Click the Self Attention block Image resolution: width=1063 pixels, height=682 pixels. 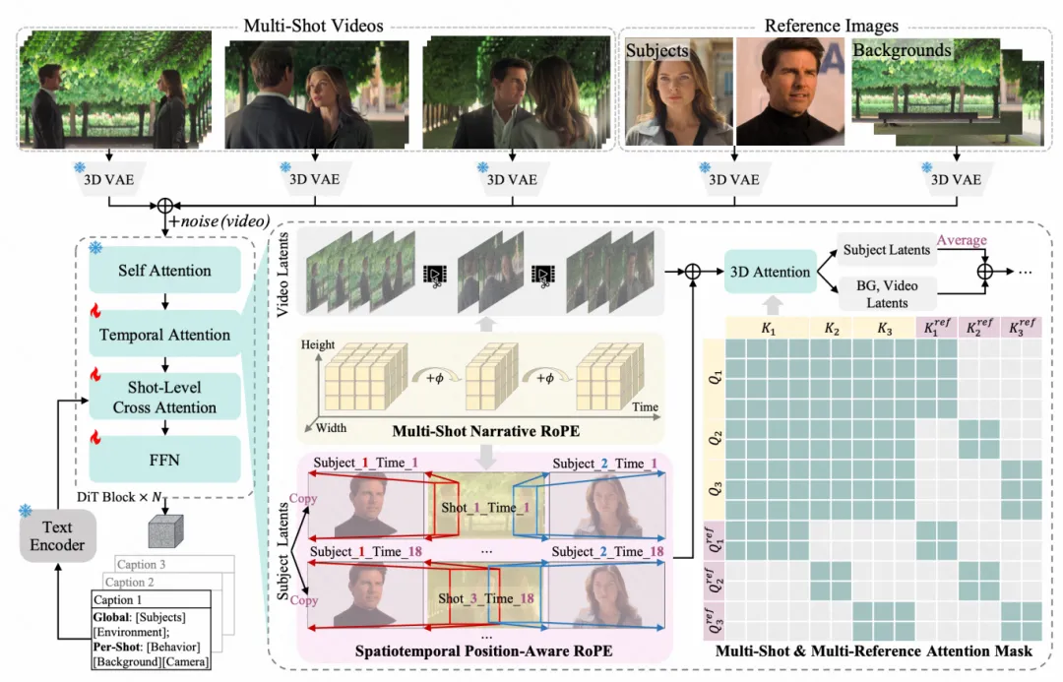point(164,271)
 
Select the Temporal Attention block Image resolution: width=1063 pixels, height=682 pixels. point(164,335)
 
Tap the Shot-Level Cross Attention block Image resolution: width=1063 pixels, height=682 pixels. point(164,398)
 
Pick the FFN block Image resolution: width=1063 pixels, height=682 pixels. point(164,460)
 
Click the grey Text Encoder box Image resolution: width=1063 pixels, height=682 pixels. point(58,536)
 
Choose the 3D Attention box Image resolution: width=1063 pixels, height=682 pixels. point(770,272)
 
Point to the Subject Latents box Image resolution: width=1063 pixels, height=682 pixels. point(887,250)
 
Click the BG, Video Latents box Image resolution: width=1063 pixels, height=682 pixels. point(887,294)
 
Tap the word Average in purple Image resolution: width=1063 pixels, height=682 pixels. point(962,240)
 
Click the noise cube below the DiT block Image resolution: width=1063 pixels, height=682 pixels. point(166,530)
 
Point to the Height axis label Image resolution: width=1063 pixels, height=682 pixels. point(318,344)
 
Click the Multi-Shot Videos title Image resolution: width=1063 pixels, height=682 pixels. point(313,26)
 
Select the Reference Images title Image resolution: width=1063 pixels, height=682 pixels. point(831,26)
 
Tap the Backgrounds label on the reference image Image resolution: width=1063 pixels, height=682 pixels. point(902,50)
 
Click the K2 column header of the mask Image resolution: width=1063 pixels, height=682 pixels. point(831,329)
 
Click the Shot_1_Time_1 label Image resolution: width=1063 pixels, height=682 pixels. point(485,507)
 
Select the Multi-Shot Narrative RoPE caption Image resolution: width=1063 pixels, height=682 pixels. point(486,431)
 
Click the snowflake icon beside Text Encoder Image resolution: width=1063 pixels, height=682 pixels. point(26,510)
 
